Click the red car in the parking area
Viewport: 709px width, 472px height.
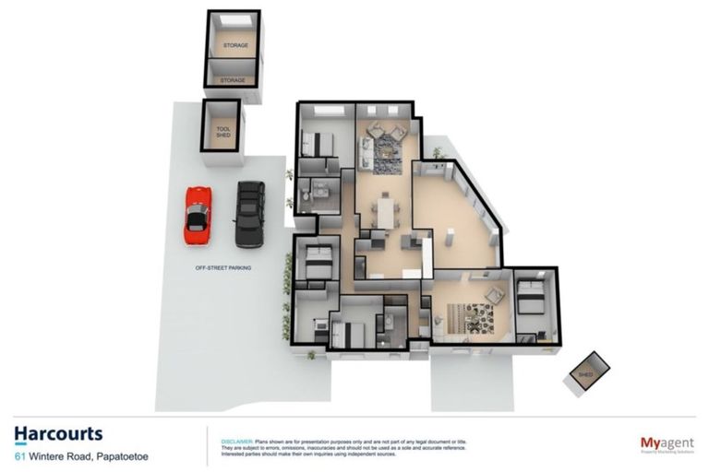click(x=198, y=215)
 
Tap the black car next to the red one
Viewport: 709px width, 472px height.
click(x=249, y=213)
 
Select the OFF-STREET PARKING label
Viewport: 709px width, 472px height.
click(x=223, y=267)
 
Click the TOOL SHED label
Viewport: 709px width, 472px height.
click(x=222, y=132)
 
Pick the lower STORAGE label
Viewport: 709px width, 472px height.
click(x=232, y=80)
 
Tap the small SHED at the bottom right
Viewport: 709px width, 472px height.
click(x=587, y=373)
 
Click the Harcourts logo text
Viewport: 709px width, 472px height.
click(x=58, y=434)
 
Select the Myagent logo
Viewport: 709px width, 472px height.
click(x=667, y=444)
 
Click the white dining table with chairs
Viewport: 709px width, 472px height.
click(x=385, y=213)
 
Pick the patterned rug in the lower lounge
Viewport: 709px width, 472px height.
click(x=478, y=318)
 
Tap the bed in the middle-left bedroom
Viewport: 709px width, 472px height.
click(x=317, y=261)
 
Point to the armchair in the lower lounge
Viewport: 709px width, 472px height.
click(x=495, y=296)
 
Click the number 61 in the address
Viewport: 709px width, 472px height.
click(x=19, y=455)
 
